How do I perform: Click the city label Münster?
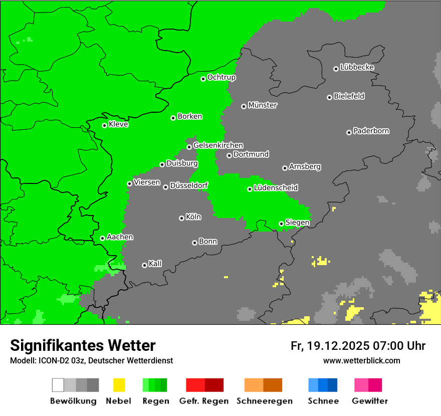pyautogui.click(x=263, y=105)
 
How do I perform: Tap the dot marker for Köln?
pyautogui.click(x=181, y=218)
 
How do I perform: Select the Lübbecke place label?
pyautogui.click(x=357, y=67)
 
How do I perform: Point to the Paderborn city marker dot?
pyautogui.click(x=349, y=132)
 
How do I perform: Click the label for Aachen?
pyautogui.click(x=120, y=237)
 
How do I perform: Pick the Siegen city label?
pyautogui.click(x=297, y=223)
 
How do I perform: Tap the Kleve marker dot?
pyautogui.click(x=104, y=125)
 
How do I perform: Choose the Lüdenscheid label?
pyautogui.click(x=276, y=187)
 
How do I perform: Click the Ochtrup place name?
pyautogui.click(x=222, y=77)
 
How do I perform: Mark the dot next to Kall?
pyautogui.click(x=144, y=265)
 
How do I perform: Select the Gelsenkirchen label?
pyautogui.click(x=218, y=145)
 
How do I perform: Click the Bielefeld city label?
pyautogui.click(x=349, y=96)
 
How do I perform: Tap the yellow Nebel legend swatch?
pyautogui.click(x=119, y=385)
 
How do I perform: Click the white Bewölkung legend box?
pyautogui.click(x=58, y=385)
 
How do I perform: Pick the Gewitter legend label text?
pyautogui.click(x=369, y=401)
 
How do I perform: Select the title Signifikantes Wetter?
pyautogui.click(x=83, y=345)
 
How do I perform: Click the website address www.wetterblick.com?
pyautogui.click(x=361, y=360)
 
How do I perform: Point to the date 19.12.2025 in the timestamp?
pyautogui.click(x=338, y=346)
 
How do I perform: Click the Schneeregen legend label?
pyautogui.click(x=264, y=401)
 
